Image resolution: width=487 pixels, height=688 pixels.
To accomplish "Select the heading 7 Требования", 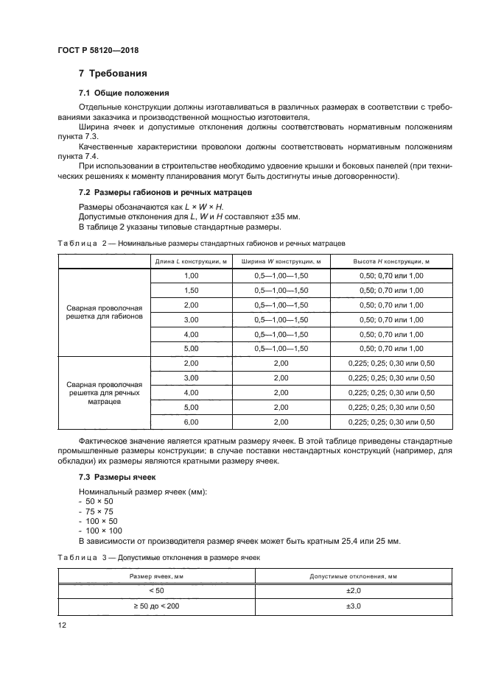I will (113, 74).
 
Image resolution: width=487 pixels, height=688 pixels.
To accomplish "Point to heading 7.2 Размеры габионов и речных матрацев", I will (166, 192).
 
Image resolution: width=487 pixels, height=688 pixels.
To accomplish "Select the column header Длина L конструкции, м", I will (192, 260).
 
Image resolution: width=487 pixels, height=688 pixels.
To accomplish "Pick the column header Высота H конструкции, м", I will (391, 260).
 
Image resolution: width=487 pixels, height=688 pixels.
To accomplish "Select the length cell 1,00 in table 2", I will (192, 275).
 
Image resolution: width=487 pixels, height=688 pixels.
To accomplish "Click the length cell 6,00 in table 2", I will (192, 422).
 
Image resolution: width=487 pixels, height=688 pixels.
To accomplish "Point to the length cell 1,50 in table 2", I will (192, 290).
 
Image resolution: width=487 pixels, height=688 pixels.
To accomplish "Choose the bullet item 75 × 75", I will (97, 511).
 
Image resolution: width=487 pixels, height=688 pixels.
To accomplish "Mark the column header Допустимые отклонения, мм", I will (354, 575).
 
